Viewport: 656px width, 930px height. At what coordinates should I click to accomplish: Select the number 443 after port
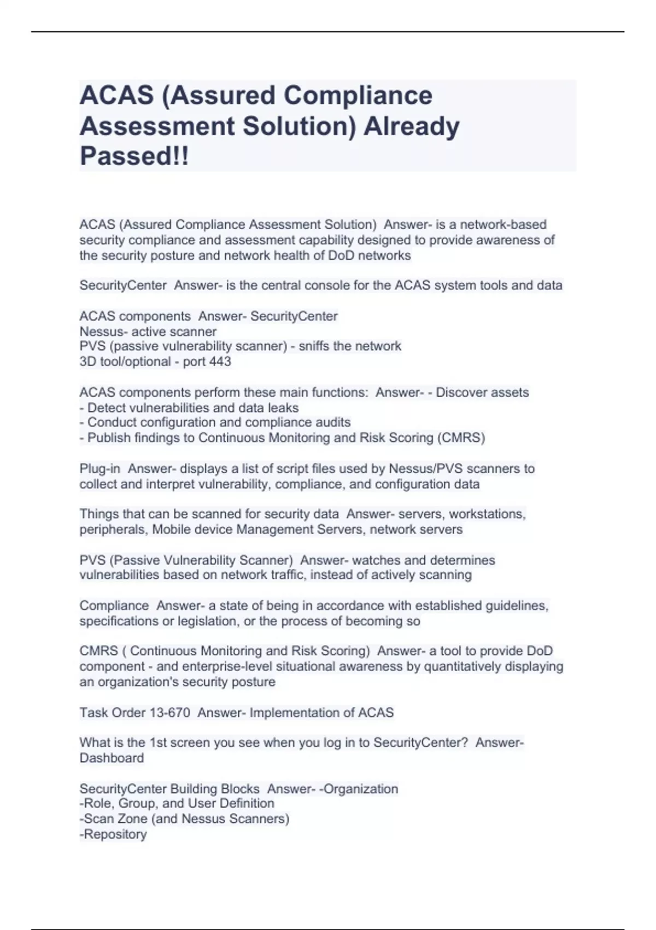(220, 362)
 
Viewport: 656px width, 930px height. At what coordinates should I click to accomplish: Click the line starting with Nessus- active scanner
(148, 332)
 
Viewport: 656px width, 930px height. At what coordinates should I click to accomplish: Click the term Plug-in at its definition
(99, 469)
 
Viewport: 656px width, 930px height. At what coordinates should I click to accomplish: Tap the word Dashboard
(112, 758)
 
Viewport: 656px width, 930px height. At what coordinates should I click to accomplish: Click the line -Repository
(113, 834)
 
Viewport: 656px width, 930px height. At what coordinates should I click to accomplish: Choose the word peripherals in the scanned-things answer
(113, 530)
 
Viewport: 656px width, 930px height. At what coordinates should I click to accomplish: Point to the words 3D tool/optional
(125, 362)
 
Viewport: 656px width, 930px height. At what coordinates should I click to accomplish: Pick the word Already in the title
(412, 126)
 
